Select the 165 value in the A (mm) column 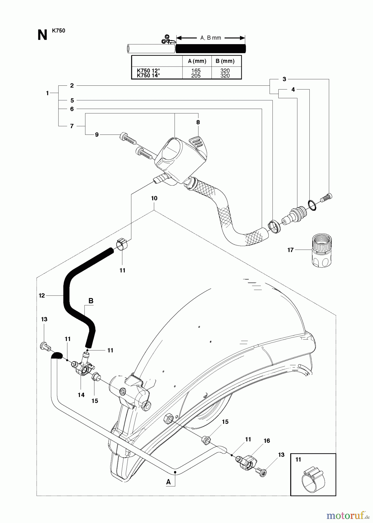(196, 71)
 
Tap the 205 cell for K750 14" (196, 76)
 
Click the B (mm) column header (225, 61)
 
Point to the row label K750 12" (148, 71)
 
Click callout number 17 (290, 250)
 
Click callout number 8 (198, 122)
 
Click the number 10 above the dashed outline (154, 198)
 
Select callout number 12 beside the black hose (42, 295)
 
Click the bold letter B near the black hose (91, 301)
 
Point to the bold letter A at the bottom (168, 482)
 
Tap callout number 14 (81, 395)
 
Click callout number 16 (267, 441)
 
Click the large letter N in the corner (42, 35)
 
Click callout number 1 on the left (47, 93)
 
